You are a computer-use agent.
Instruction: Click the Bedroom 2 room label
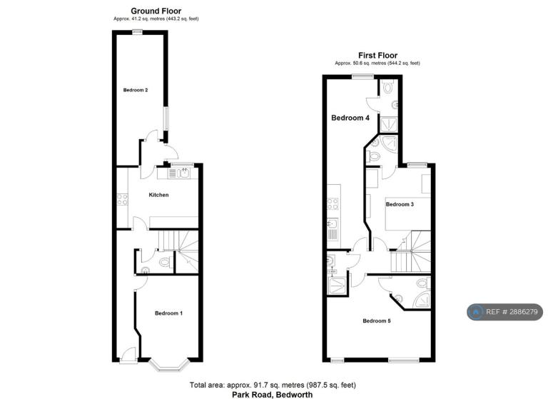pos(136,90)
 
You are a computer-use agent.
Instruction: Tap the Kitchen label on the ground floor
pos(158,195)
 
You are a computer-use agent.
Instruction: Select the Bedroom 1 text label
pos(169,313)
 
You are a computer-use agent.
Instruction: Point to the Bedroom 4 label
pos(350,118)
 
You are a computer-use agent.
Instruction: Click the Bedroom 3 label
pos(400,204)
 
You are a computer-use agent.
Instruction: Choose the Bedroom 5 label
pos(377,320)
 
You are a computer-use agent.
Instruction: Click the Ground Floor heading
pos(156,11)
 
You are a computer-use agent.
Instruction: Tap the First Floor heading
pos(377,55)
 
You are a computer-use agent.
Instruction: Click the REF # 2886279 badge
pos(505,312)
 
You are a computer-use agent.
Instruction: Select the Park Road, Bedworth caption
pos(273,395)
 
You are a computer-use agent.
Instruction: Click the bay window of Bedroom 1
pos(169,365)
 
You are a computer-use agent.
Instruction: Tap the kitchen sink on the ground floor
pos(179,173)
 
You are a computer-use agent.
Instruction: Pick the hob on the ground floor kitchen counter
pos(122,199)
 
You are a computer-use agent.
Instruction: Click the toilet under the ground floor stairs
pos(165,261)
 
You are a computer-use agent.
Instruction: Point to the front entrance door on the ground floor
pos(128,355)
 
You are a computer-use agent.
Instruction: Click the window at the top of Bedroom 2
pos(137,31)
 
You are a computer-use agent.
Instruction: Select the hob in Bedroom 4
pos(333,204)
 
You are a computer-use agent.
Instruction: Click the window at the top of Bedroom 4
pos(362,76)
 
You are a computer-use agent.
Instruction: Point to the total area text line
pos(273,385)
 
